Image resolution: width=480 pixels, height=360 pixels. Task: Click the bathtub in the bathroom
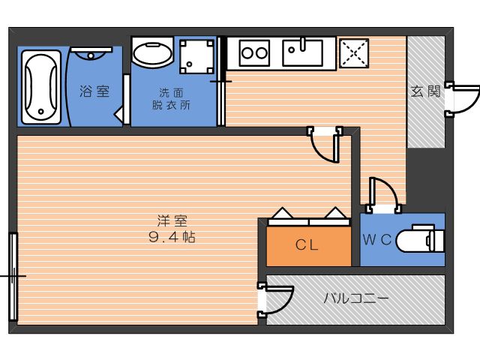pos(41,87)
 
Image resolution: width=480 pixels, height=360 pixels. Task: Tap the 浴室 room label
pos(94,91)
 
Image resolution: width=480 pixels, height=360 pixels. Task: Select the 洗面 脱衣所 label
pos(171,99)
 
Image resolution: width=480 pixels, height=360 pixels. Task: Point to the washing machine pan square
pos(196,57)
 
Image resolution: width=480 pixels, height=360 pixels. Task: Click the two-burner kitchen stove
pos(254,53)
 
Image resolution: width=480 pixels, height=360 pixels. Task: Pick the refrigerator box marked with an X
pos(354,53)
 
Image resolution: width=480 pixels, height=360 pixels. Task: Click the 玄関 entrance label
pos(426,91)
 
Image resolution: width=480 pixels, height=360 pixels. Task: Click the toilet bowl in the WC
pos(420,241)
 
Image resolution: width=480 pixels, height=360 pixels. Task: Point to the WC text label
pos(377,239)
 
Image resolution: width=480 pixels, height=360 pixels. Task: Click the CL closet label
pos(307,245)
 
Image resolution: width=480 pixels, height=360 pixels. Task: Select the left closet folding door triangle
pos(282,213)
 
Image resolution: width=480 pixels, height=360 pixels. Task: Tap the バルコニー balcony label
pos(356,298)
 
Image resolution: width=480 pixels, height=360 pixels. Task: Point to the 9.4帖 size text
pos(172,237)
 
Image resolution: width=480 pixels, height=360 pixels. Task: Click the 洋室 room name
pos(172,221)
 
